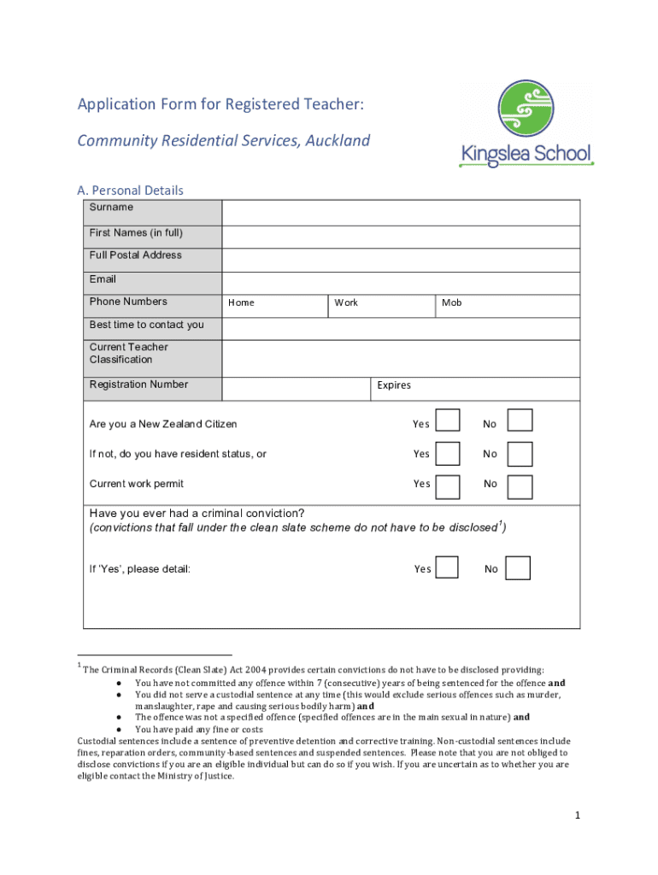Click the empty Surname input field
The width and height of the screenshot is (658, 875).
point(401,213)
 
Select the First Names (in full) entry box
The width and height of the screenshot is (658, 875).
point(401,237)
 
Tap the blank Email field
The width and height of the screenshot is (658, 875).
point(401,283)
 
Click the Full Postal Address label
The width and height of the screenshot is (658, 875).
point(136,255)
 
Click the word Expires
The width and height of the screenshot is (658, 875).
point(394,385)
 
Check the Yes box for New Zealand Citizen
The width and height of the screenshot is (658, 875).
point(447,420)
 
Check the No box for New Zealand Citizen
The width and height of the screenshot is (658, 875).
point(520,420)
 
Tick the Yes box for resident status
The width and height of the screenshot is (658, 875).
point(447,454)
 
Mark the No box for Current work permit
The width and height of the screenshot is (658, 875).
point(520,486)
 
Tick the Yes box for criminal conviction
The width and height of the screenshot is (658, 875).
point(447,567)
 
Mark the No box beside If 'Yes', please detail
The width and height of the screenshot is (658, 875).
point(518,568)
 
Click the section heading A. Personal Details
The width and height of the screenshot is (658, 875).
point(131,190)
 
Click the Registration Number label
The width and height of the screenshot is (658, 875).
point(138,385)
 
